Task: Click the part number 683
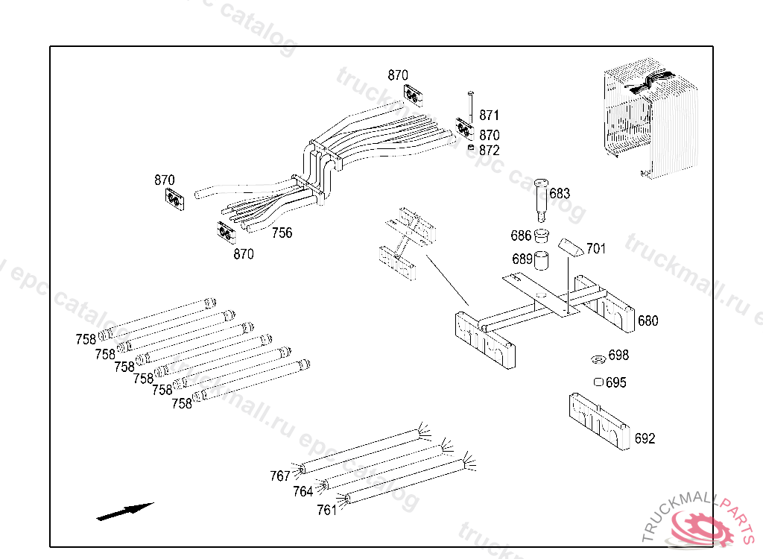pyautogui.click(x=560, y=194)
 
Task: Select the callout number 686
pyautogui.click(x=521, y=236)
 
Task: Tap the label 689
pyautogui.click(x=522, y=259)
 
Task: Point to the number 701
pyautogui.click(x=595, y=248)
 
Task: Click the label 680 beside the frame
pyautogui.click(x=648, y=321)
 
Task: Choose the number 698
pyautogui.click(x=618, y=356)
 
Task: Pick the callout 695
pyautogui.click(x=616, y=383)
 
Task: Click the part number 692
pyautogui.click(x=645, y=438)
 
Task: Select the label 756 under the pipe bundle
pyautogui.click(x=282, y=233)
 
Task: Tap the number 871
pyautogui.click(x=490, y=116)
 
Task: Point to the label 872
pyautogui.click(x=490, y=151)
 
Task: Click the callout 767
pyautogui.click(x=279, y=476)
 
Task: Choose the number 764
pyautogui.click(x=303, y=492)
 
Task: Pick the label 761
pyautogui.click(x=326, y=510)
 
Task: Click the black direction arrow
pyautogui.click(x=124, y=511)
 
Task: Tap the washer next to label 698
pyautogui.click(x=597, y=360)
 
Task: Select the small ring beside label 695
pyautogui.click(x=598, y=382)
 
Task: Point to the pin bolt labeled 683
pyautogui.click(x=541, y=198)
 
